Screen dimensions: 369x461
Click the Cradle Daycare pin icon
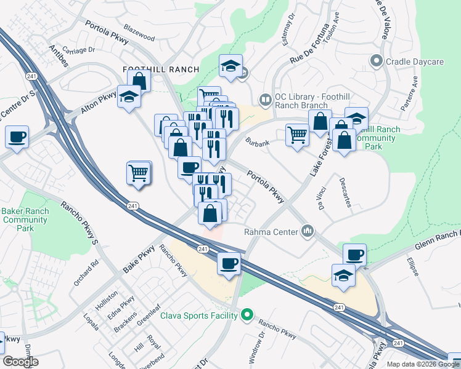click(376, 61)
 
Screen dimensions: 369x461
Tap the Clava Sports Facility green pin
click(247, 315)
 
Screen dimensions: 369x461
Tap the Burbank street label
click(256, 143)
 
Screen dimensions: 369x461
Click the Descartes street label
click(345, 192)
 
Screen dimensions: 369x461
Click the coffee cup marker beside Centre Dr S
click(17, 137)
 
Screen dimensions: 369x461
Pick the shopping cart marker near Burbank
click(297, 135)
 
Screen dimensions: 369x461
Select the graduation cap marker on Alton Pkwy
click(129, 98)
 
